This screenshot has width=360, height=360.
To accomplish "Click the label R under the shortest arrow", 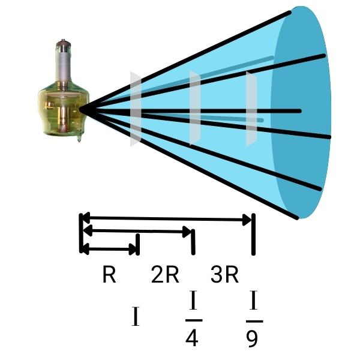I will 109,275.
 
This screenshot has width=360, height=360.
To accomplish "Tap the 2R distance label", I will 165,275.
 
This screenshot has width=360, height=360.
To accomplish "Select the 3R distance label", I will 225,275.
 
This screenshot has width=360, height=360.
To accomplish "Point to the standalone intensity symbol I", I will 135,316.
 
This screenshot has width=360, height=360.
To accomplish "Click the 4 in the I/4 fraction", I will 191,338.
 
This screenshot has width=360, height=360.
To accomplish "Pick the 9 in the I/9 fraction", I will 253,338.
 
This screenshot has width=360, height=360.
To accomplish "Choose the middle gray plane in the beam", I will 194,108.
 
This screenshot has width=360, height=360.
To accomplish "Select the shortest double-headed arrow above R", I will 110,248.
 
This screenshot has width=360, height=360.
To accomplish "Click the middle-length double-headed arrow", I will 137,230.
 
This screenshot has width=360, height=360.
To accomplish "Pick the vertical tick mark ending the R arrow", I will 138,244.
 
